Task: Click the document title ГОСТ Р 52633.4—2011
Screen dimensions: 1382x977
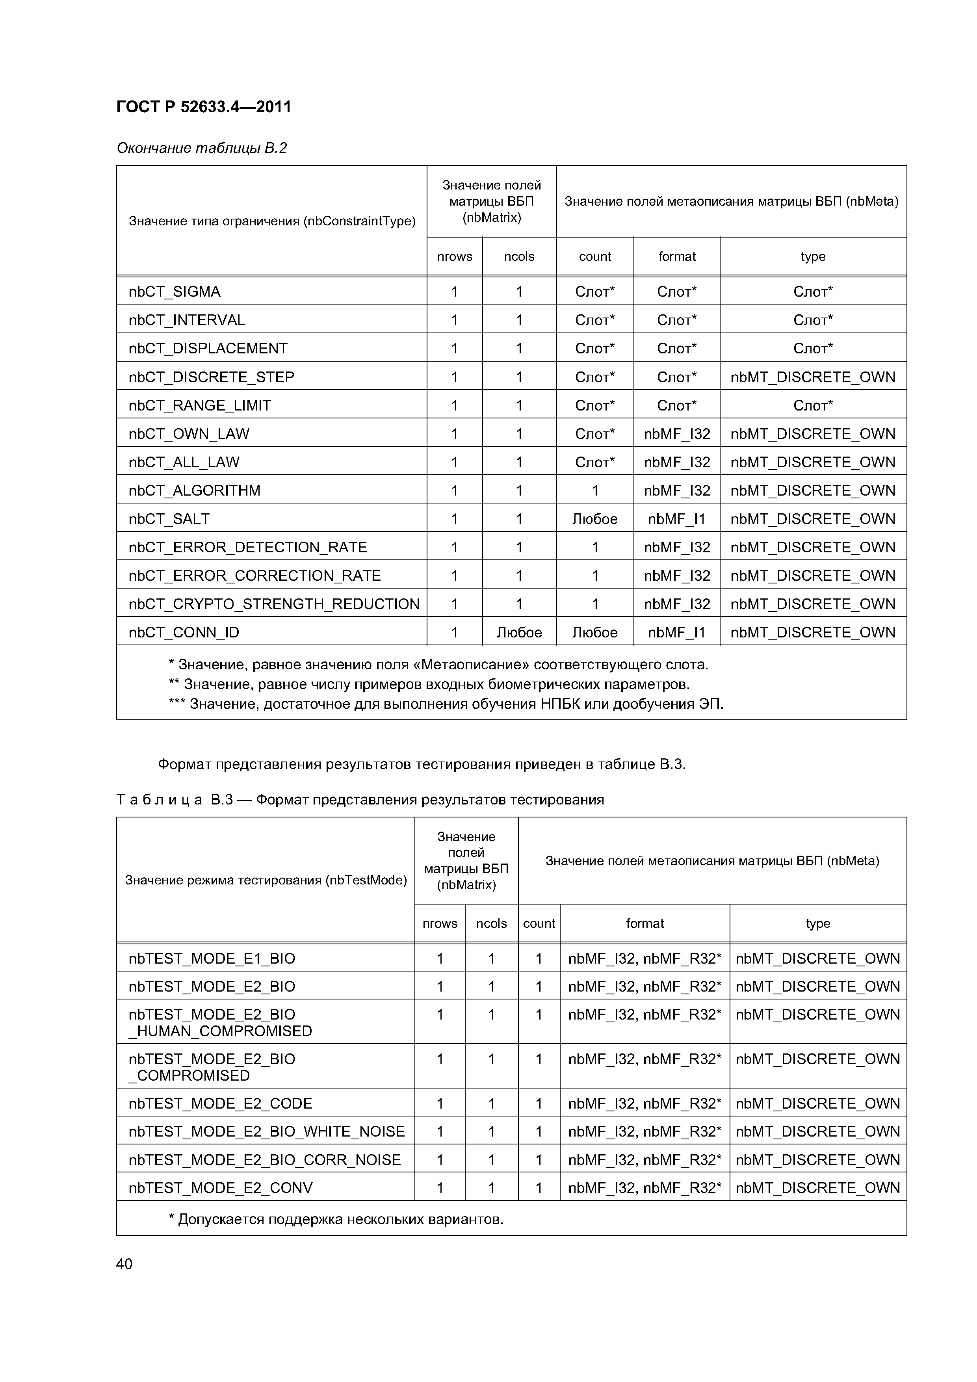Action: click(x=203, y=107)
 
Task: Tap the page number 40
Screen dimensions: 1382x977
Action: click(x=124, y=1263)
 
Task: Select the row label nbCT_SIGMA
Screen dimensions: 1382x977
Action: click(x=175, y=292)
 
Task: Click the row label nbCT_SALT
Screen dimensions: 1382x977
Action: click(x=169, y=519)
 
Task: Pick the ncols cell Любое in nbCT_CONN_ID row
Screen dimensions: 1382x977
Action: click(x=519, y=633)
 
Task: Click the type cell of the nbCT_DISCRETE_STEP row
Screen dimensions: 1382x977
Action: click(x=813, y=377)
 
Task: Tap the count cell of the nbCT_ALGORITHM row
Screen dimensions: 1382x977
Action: click(x=595, y=490)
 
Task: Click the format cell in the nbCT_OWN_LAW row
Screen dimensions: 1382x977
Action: click(x=677, y=434)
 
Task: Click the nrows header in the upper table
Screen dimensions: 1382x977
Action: click(x=455, y=256)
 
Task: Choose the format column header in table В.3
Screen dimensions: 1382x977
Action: click(x=645, y=923)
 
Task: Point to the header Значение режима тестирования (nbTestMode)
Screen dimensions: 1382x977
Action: click(x=266, y=880)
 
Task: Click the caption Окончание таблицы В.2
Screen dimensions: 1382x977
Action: click(x=202, y=148)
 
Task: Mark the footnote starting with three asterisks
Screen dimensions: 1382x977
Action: click(x=446, y=704)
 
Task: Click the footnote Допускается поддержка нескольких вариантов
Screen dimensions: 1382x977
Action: click(x=336, y=1219)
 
